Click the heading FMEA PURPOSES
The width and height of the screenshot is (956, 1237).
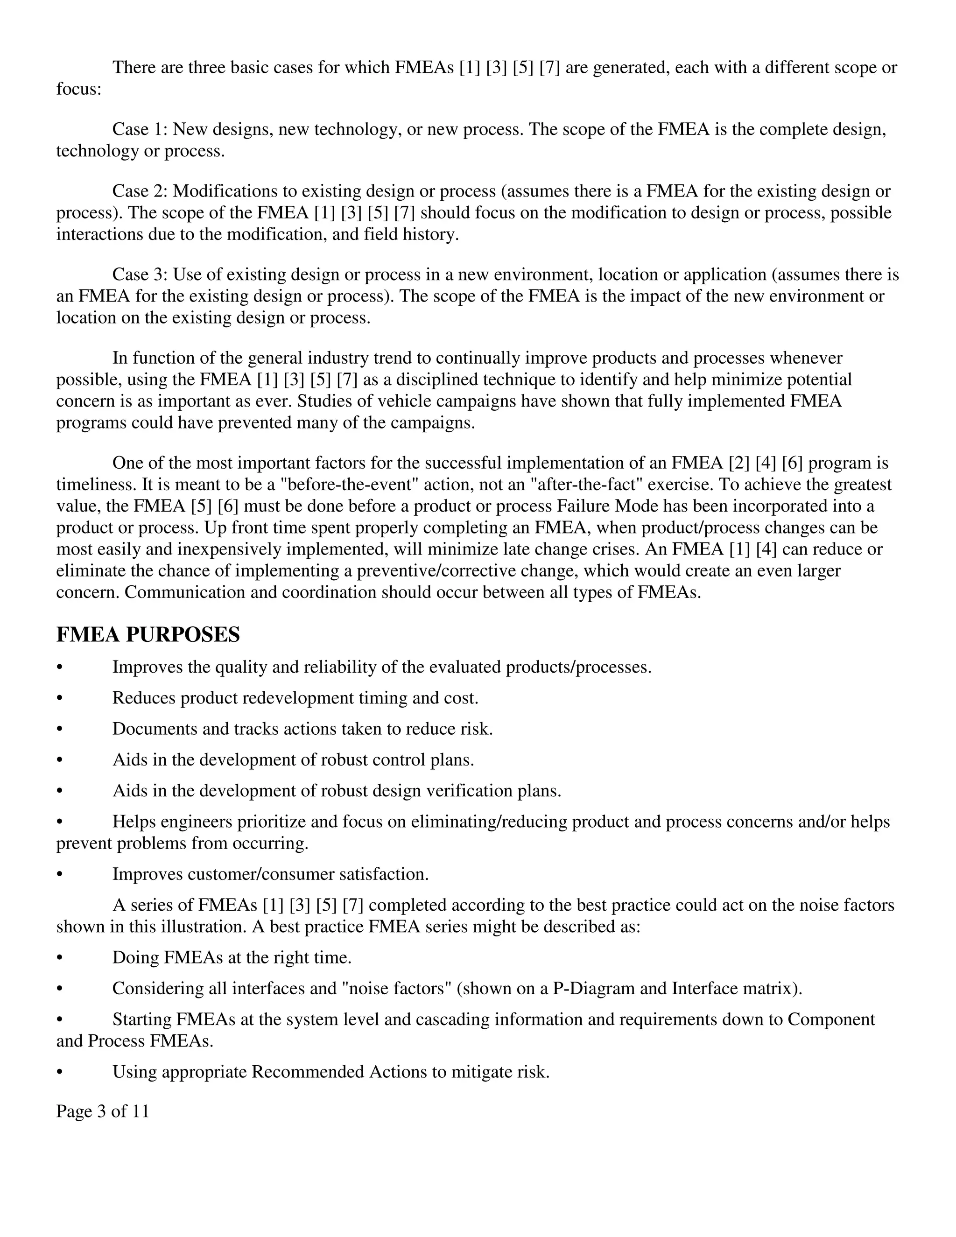tap(148, 634)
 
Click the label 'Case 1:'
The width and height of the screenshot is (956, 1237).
tap(139, 129)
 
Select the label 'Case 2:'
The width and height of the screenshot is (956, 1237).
tap(139, 191)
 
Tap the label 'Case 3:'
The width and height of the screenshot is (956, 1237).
tap(139, 274)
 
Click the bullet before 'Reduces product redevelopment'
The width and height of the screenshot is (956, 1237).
tap(59, 698)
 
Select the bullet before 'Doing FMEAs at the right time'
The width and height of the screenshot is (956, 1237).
tap(59, 958)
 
